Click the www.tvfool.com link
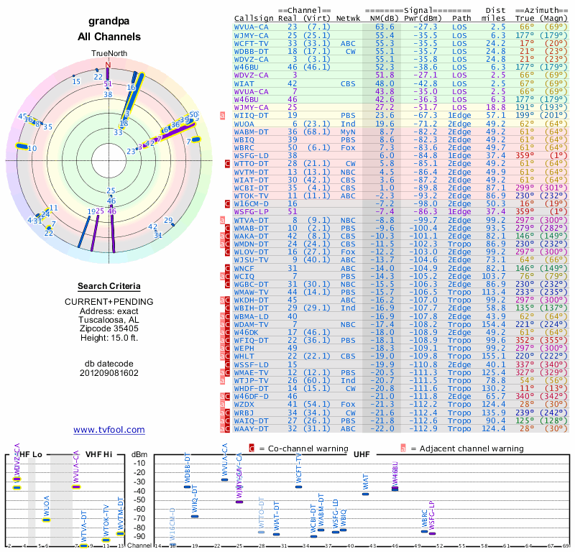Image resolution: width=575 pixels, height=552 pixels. pyautogui.click(x=109, y=430)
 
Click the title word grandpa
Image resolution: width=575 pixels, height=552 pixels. pyautogui.click(x=109, y=22)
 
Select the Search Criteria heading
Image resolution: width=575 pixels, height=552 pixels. pyautogui.click(x=109, y=286)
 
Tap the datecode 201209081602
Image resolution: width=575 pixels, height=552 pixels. pyautogui.click(x=109, y=373)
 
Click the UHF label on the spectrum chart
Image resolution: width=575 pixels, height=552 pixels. pyautogui.click(x=362, y=455)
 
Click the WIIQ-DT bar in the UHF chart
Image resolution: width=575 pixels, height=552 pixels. pyautogui.click(x=195, y=516)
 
